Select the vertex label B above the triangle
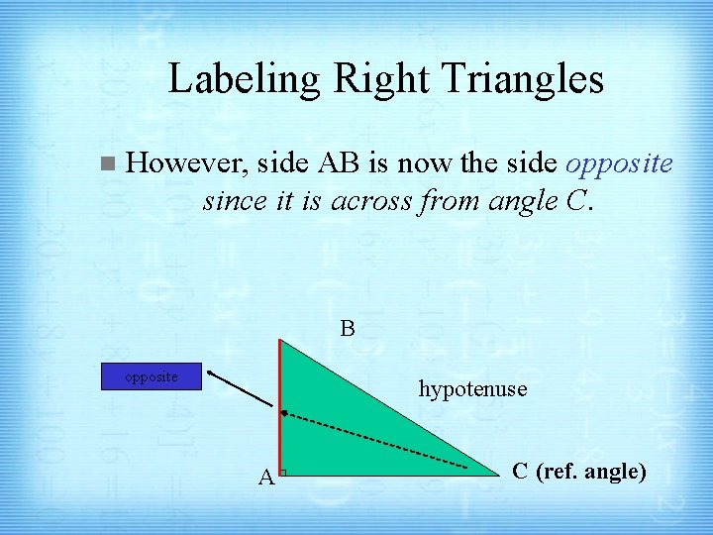click(x=348, y=327)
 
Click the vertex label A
click(x=265, y=479)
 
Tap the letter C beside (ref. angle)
click(x=520, y=471)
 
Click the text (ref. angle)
click(x=591, y=471)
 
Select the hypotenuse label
click(x=472, y=388)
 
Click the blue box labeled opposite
click(x=153, y=377)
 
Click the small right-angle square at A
click(x=282, y=474)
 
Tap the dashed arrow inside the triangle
click(x=376, y=439)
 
